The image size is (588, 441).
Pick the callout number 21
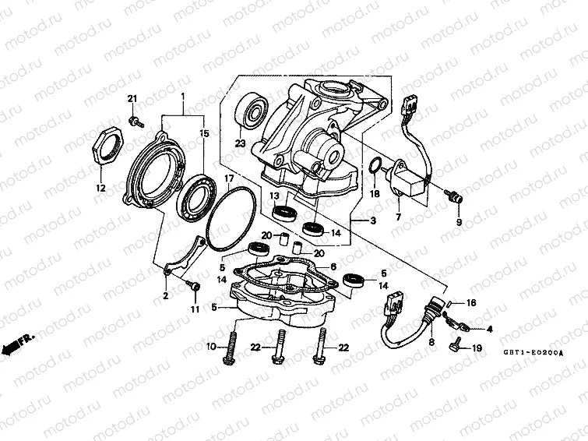point(132,97)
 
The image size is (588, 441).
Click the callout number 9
point(458,223)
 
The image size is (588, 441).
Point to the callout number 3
point(372,222)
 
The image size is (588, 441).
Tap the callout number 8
point(430,340)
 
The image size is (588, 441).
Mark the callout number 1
point(184,97)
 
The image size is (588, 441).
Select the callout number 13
point(275,196)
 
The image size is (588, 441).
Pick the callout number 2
point(165,296)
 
